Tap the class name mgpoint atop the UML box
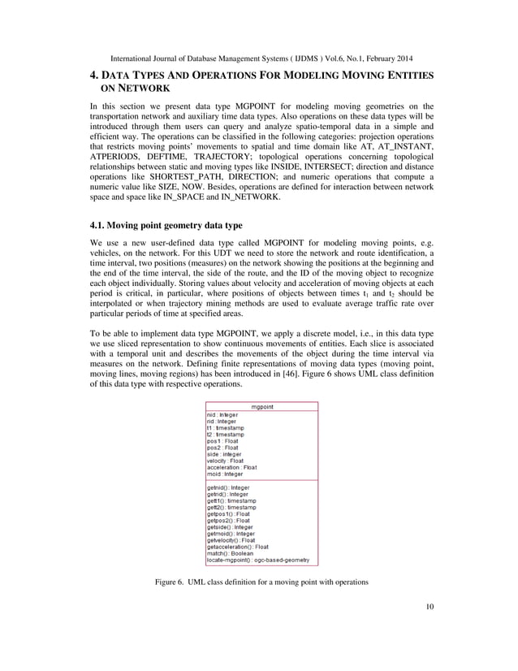pos(261,406)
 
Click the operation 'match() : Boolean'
pos(230,553)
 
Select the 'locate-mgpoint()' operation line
pos(259,561)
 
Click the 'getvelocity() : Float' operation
pos(231,539)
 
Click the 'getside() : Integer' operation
pos(228,526)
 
